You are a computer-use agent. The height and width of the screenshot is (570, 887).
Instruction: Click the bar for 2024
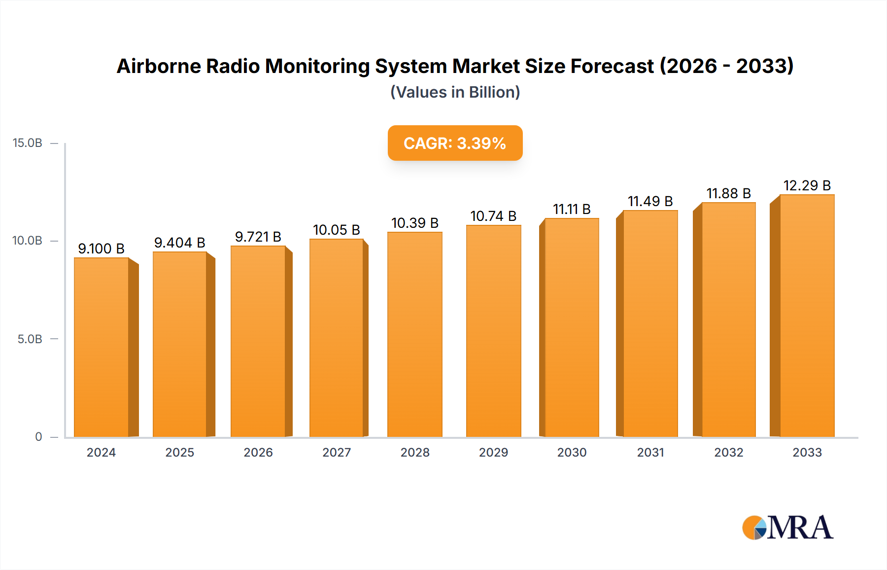pyautogui.click(x=102, y=348)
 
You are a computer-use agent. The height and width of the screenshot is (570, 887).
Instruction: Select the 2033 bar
pyautogui.click(x=807, y=316)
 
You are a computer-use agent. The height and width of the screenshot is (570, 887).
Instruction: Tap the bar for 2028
pyautogui.click(x=415, y=335)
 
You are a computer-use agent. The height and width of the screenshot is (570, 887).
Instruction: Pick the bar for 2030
pyautogui.click(x=572, y=328)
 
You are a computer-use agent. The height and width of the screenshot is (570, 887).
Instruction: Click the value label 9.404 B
pyautogui.click(x=179, y=243)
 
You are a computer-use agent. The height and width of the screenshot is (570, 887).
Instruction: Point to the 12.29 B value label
pyautogui.click(x=807, y=185)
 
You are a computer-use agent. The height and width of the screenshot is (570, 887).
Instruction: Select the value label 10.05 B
pyautogui.click(x=337, y=230)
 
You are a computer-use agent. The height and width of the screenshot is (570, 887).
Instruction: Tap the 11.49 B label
pyautogui.click(x=650, y=201)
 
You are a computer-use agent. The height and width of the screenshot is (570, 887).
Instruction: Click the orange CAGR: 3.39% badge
pyautogui.click(x=455, y=143)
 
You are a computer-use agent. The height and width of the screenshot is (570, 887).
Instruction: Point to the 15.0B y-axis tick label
pyautogui.click(x=28, y=143)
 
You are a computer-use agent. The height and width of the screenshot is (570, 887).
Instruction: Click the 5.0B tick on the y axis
pyautogui.click(x=30, y=339)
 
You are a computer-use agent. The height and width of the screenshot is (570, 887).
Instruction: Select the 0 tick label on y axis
pyautogui.click(x=38, y=437)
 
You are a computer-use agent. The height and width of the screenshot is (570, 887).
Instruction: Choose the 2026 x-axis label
pyautogui.click(x=258, y=453)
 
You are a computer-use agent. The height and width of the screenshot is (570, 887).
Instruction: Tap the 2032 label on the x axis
pyautogui.click(x=729, y=453)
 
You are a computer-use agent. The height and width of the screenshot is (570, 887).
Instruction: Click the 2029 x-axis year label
pyautogui.click(x=493, y=453)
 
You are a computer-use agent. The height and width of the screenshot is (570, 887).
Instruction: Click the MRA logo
pyautogui.click(x=787, y=528)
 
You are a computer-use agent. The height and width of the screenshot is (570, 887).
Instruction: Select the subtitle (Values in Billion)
pyautogui.click(x=455, y=92)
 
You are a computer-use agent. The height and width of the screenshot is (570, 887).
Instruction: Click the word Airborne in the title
pyautogui.click(x=159, y=66)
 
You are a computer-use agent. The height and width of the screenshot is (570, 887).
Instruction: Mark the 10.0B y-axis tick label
pyautogui.click(x=28, y=241)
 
